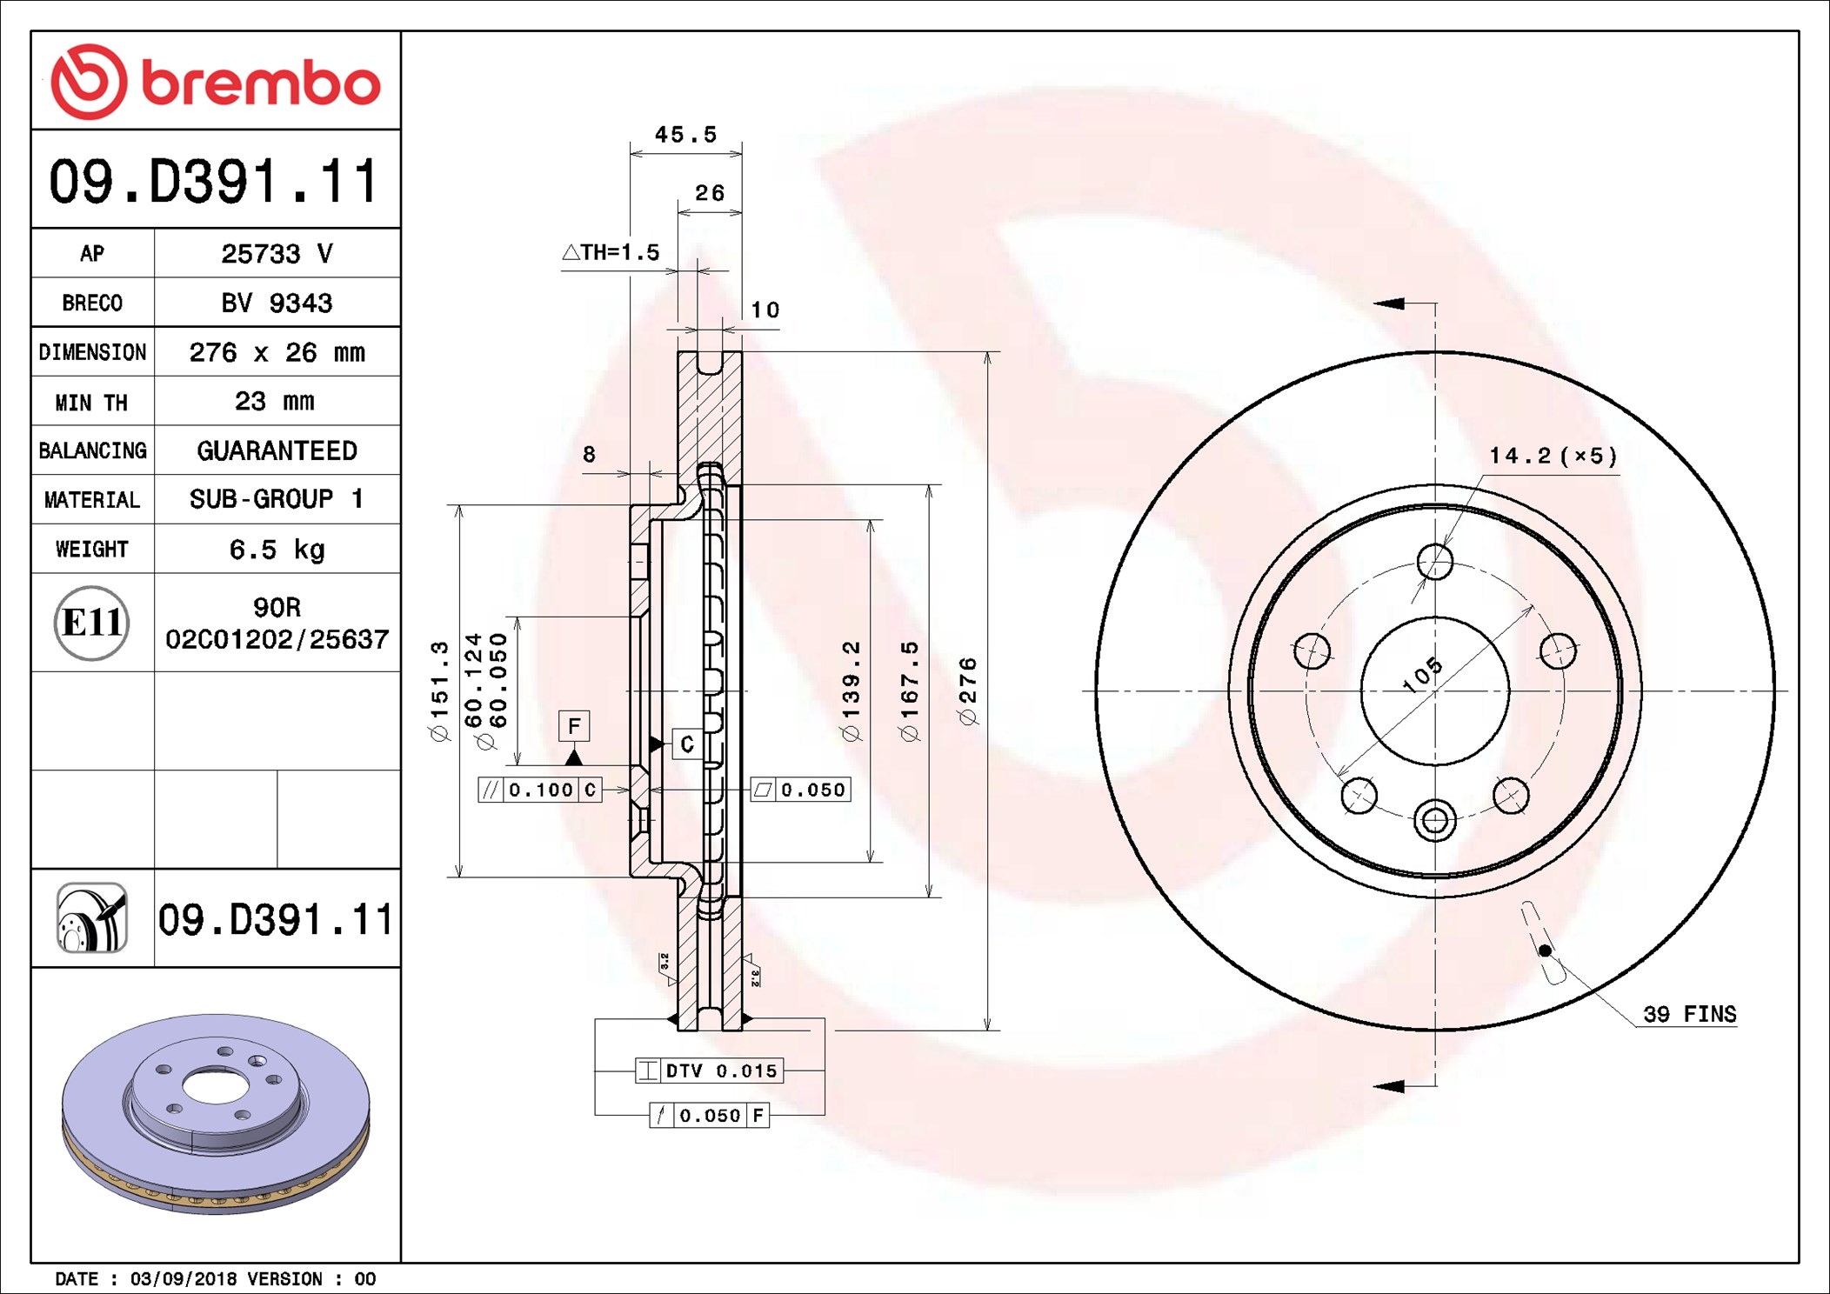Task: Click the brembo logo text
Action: click(x=261, y=84)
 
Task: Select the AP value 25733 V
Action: click(x=277, y=253)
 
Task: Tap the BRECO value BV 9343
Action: click(x=277, y=303)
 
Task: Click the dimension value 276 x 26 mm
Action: click(x=277, y=352)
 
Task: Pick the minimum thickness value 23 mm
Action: click(x=275, y=401)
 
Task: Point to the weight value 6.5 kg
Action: click(x=277, y=549)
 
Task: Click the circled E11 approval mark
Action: click(x=91, y=623)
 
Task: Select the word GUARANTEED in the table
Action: click(x=277, y=450)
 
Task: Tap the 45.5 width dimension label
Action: click(x=685, y=135)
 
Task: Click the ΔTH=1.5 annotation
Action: click(x=611, y=252)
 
